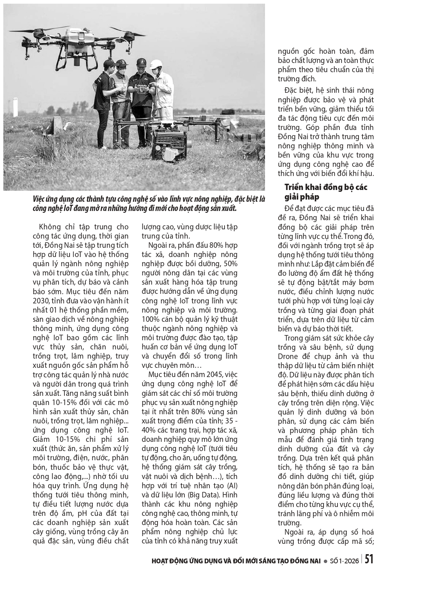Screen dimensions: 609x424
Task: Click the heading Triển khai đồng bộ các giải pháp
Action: coord(326,191)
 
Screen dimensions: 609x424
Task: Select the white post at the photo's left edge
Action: coord(15,105)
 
